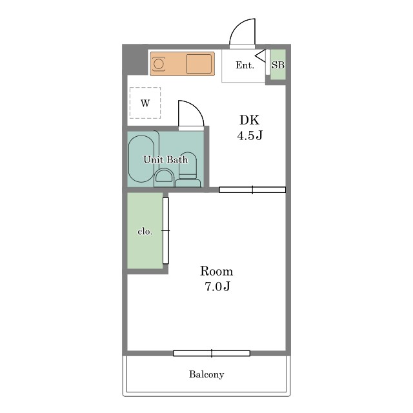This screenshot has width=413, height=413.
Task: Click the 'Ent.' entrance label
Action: (245, 65)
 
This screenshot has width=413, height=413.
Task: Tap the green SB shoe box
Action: (278, 65)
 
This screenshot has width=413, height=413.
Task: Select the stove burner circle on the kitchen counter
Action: (159, 64)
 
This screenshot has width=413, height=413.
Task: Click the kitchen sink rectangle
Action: (199, 64)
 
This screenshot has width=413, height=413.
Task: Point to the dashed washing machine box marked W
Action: (145, 103)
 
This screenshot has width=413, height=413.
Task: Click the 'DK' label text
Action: (250, 120)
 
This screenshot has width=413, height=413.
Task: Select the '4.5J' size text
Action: (250, 136)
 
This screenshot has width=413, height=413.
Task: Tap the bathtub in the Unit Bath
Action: (141, 159)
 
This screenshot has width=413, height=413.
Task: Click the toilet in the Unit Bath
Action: (188, 166)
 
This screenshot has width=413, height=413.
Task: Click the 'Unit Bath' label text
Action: (166, 159)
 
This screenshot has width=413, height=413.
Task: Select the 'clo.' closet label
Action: (145, 232)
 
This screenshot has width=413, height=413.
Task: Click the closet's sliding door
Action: (165, 230)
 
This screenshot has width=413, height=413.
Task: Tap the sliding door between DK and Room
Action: (252, 190)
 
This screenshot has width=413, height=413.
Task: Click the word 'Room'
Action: (217, 271)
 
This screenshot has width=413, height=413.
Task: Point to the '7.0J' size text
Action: (217, 287)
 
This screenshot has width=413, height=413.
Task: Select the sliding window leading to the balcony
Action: (212, 353)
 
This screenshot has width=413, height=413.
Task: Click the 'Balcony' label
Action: (206, 374)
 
